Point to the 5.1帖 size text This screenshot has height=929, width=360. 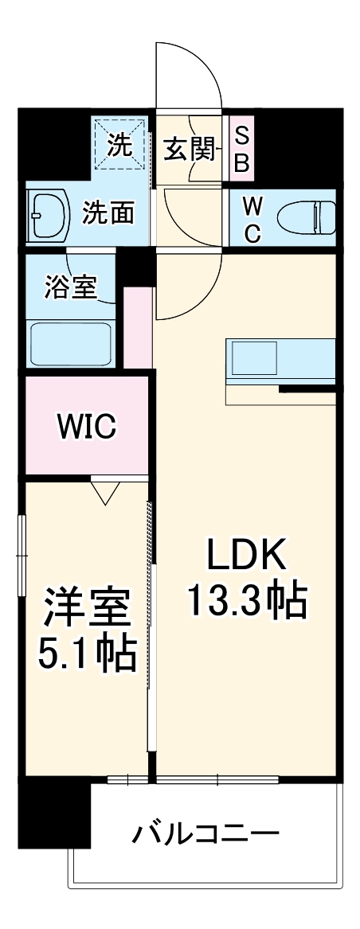coord(87,654)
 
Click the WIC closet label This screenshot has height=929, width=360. coord(86,427)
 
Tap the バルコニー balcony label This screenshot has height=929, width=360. coord(205,836)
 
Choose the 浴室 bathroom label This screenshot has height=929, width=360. coord(72,287)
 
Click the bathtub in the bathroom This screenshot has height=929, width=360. coord(70,342)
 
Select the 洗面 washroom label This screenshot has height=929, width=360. coord(108,213)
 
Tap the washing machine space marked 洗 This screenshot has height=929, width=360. coord(119,145)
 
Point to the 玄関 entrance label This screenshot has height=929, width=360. coord(190,148)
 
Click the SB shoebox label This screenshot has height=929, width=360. coord(242,150)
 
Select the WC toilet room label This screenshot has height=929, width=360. coord(252,219)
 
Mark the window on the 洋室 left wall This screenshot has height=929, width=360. coord(22,554)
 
